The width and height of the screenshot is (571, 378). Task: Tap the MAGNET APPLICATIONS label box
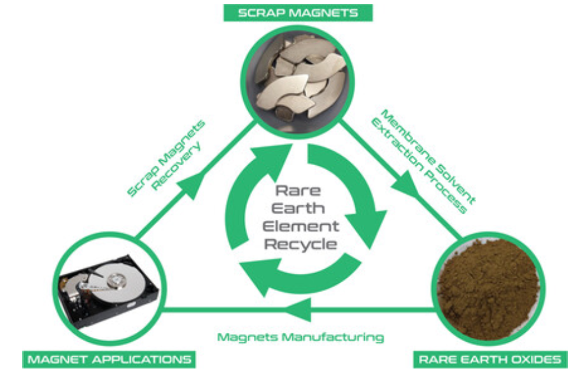click(108, 359)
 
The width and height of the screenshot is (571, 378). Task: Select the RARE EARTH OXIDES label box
click(490, 359)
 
